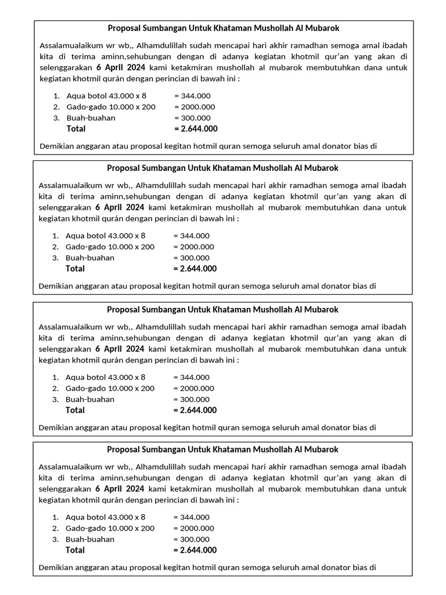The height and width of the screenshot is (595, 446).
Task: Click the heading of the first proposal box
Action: (224, 28)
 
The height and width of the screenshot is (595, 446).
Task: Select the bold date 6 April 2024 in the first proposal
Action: (120, 67)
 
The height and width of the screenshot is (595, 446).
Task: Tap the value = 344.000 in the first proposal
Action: (192, 96)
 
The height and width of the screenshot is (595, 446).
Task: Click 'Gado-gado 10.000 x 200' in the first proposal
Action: (111, 107)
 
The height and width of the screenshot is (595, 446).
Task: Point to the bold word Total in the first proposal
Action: (76, 128)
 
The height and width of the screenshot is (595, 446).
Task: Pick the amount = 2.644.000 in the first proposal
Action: (196, 128)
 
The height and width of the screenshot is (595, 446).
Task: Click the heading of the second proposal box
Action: (223, 168)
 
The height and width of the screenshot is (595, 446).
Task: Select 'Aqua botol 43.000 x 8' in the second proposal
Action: (106, 235)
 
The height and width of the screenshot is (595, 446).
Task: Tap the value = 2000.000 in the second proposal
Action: (194, 246)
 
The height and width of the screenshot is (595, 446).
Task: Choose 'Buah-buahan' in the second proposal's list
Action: (90, 257)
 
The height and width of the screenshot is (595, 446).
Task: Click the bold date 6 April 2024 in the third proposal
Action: (120, 349)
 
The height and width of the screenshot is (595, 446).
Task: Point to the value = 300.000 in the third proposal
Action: (192, 399)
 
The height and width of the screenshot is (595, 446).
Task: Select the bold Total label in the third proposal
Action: (75, 410)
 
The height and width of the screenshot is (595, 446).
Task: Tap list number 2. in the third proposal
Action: (56, 388)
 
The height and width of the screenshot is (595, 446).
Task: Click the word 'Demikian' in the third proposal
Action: (54, 427)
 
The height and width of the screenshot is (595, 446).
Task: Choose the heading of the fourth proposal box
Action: (223, 449)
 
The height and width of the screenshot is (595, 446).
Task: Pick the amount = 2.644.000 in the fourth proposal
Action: (195, 550)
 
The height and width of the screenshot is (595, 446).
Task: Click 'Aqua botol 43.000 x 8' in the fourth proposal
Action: (106, 517)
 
